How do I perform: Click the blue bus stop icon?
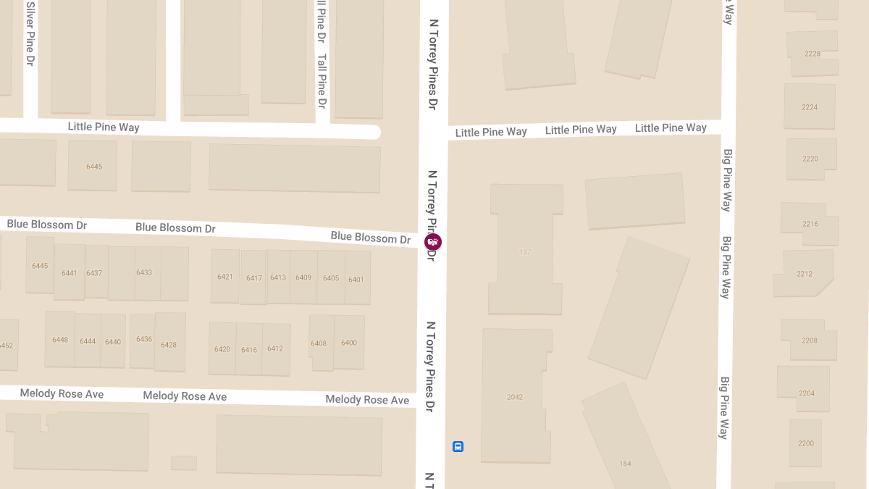coord(458,446)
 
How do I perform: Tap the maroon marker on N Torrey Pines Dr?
coord(433,241)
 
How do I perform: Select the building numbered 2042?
coord(515,396)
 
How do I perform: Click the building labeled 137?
coord(526,252)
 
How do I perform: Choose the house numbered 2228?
coord(813,54)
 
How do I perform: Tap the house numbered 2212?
coord(805,274)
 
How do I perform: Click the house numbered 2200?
coord(806,443)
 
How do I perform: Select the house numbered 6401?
coord(356,279)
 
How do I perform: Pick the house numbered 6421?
coord(225,277)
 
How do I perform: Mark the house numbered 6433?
coord(144,272)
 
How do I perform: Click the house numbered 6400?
coord(349,343)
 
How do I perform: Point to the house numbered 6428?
coord(169,344)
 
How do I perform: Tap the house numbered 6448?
coord(60,340)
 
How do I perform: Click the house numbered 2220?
coord(810,159)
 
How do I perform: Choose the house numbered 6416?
coord(249,349)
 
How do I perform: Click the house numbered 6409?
coord(303,277)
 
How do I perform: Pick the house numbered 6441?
coord(70,273)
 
